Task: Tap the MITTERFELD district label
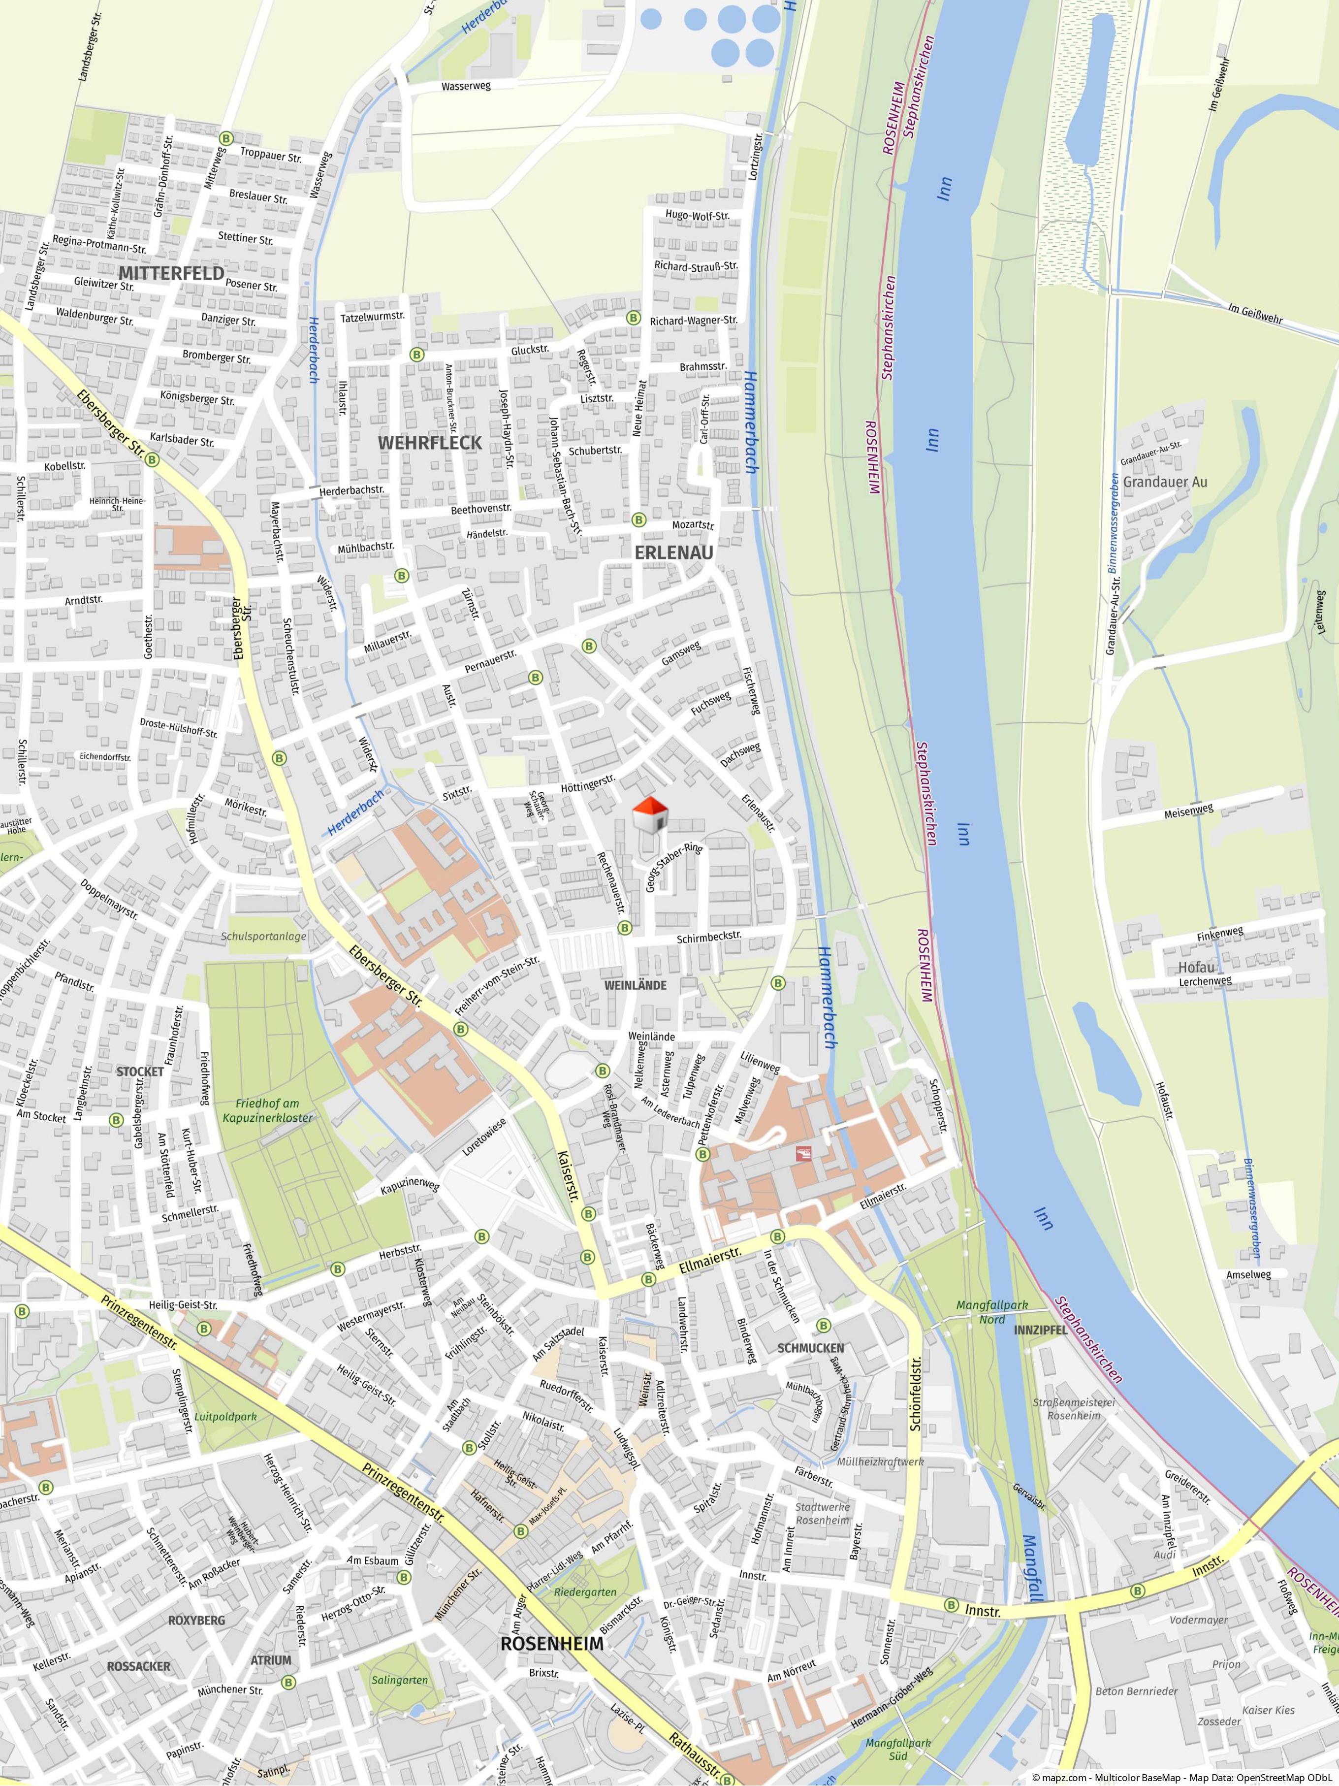[x=171, y=273]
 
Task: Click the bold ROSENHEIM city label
[x=551, y=1644]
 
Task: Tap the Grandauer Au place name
[x=1165, y=482]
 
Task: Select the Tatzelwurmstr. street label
[x=372, y=317]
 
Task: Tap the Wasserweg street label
[x=466, y=86]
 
